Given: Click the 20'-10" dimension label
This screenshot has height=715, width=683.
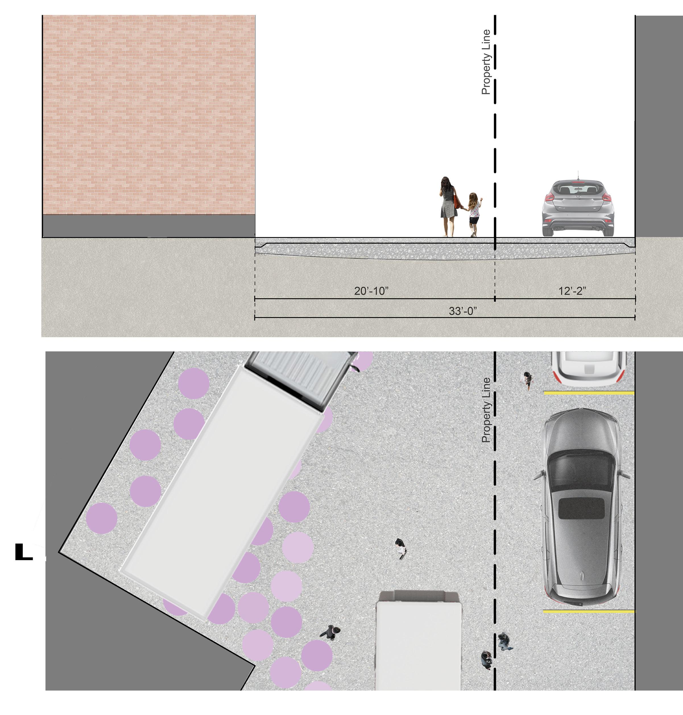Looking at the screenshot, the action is (x=371, y=291).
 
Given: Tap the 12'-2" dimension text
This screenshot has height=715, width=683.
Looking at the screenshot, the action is (x=572, y=291).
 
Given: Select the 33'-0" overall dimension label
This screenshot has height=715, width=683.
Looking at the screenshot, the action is (x=463, y=311).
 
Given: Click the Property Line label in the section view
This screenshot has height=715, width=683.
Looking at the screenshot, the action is (x=486, y=62).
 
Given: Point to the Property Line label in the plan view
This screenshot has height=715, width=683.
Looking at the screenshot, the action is (x=486, y=410).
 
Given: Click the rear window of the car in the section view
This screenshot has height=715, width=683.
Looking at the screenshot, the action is (x=578, y=189).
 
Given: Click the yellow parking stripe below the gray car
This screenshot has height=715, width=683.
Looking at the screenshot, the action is (x=589, y=612).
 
